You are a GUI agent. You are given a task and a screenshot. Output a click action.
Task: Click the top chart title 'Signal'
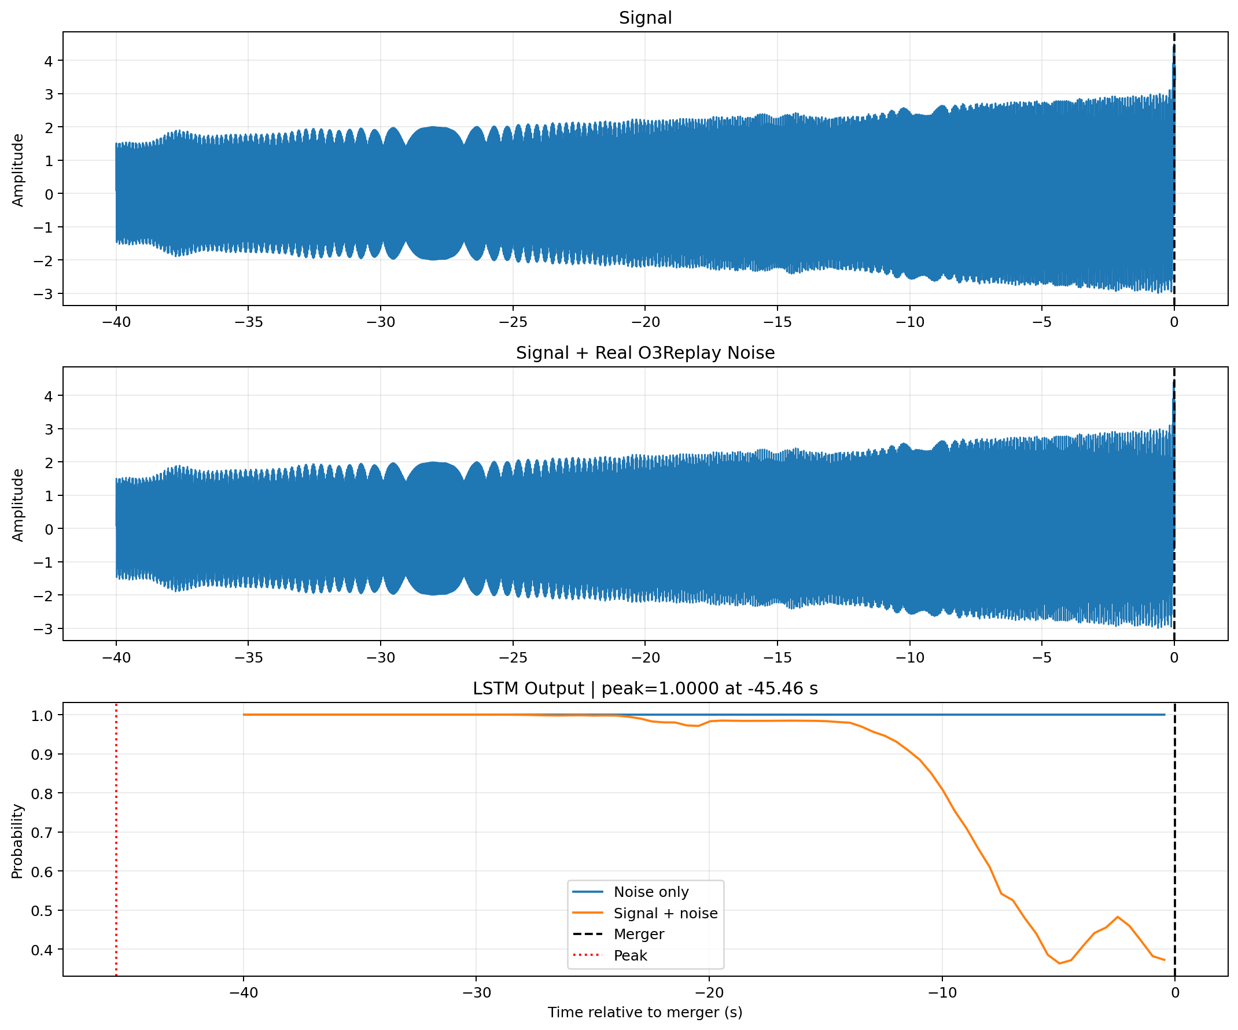(645, 18)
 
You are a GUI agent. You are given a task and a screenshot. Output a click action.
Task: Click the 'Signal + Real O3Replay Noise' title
(645, 352)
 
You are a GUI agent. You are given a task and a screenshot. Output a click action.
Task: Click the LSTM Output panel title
(645, 688)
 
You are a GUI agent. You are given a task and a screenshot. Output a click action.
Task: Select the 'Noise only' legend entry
(651, 892)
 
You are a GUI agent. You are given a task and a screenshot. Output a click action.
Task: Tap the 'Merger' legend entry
(639, 934)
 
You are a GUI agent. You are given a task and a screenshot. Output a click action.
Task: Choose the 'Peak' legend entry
(630, 955)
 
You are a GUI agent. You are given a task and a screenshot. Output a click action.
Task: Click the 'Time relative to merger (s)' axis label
(645, 1012)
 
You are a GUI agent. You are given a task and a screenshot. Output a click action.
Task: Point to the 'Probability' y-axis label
(17, 841)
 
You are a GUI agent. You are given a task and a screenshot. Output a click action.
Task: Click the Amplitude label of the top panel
(18, 170)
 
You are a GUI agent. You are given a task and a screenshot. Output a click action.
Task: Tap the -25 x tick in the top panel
(513, 322)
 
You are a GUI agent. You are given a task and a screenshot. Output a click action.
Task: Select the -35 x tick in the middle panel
(248, 657)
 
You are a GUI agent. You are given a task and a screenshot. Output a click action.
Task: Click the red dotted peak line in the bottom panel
(116, 839)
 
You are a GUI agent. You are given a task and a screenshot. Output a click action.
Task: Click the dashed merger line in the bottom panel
(1174, 839)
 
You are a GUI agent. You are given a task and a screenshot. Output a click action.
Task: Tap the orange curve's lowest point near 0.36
(1059, 963)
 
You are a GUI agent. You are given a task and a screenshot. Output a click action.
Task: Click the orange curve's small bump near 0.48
(1117, 917)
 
